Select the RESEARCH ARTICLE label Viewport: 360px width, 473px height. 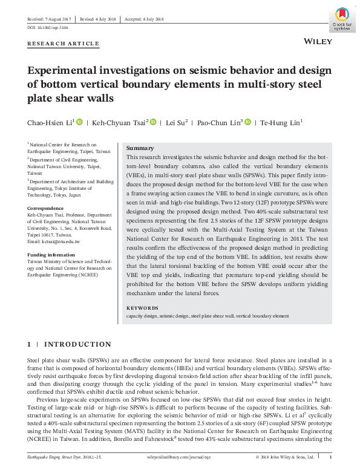point(64,44)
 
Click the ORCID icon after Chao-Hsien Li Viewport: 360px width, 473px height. point(79,122)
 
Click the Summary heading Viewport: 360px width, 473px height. point(140,148)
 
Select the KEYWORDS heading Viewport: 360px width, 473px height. point(142,308)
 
